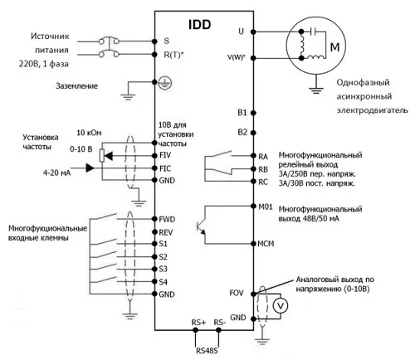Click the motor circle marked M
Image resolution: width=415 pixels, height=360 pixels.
point(335,47)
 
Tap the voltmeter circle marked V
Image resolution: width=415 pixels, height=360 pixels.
point(280,305)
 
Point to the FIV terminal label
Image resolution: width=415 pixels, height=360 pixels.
point(166,154)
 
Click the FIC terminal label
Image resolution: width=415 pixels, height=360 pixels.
point(166,167)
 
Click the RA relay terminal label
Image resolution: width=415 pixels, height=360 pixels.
point(241,155)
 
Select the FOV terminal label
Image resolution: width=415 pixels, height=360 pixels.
point(237,293)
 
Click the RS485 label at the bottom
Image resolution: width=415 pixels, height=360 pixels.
point(206,351)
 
